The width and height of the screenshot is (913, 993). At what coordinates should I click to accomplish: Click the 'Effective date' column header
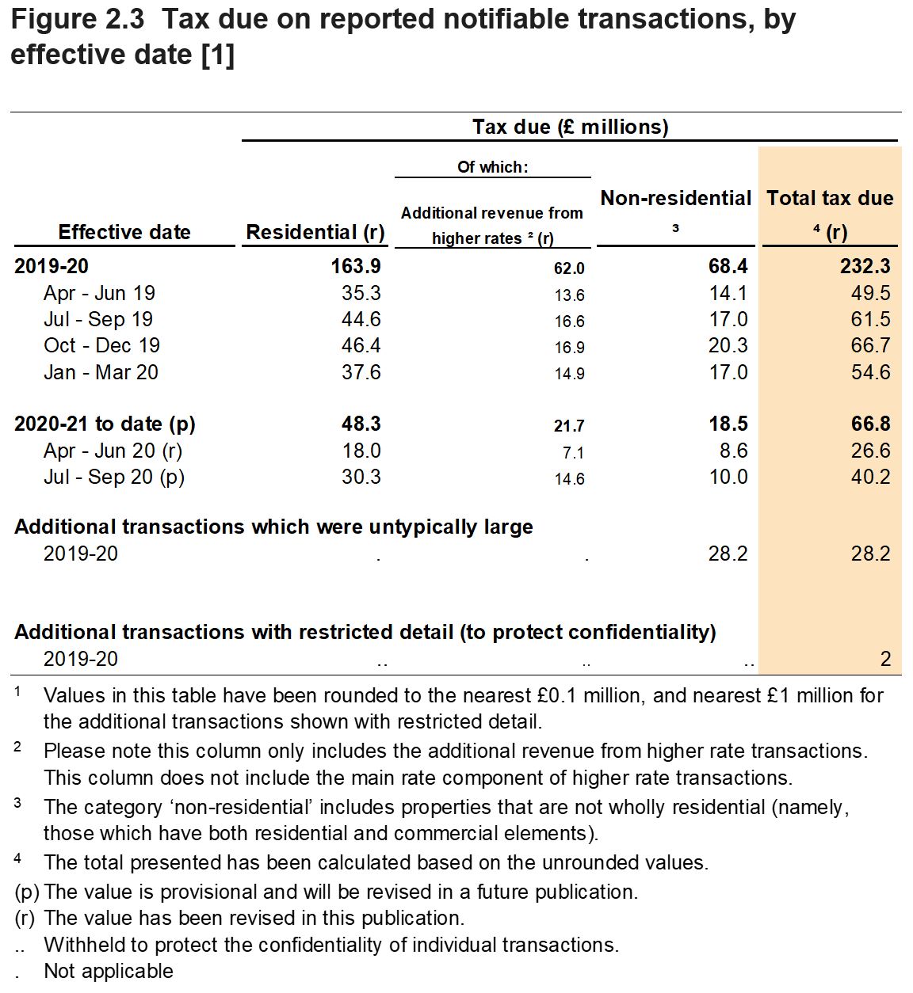click(x=124, y=232)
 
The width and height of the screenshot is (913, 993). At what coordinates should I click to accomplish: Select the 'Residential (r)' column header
click(x=315, y=232)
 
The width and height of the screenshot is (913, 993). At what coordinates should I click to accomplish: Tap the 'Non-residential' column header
click(x=675, y=199)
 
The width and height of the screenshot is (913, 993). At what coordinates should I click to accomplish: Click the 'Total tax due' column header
click(x=829, y=199)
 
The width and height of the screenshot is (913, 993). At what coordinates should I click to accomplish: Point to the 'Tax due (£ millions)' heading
click(x=570, y=127)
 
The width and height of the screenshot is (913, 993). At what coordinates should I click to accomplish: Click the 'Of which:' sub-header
click(x=492, y=167)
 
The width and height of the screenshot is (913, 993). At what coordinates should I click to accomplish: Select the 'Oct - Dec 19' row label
click(x=101, y=346)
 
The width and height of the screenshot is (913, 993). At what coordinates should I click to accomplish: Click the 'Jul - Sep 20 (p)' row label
click(x=113, y=477)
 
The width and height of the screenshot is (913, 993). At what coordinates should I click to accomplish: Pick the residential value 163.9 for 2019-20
click(x=356, y=267)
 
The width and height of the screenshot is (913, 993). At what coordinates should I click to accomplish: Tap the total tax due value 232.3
click(x=865, y=267)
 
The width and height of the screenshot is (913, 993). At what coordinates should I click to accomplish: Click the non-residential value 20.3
click(x=728, y=346)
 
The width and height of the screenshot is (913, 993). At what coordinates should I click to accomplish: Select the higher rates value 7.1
click(x=572, y=453)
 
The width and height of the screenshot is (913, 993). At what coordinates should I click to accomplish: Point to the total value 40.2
click(x=870, y=477)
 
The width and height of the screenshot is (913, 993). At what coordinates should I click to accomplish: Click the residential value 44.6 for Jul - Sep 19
click(x=361, y=320)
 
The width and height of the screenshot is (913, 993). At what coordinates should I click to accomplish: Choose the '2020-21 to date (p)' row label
click(x=105, y=424)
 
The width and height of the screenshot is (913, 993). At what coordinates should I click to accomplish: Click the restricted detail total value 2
click(x=885, y=659)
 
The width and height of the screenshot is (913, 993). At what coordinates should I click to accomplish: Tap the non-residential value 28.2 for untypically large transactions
click(x=728, y=554)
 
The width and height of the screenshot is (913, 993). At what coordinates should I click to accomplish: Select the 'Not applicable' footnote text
click(x=109, y=972)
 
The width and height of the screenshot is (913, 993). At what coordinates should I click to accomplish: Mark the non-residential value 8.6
click(x=733, y=451)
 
